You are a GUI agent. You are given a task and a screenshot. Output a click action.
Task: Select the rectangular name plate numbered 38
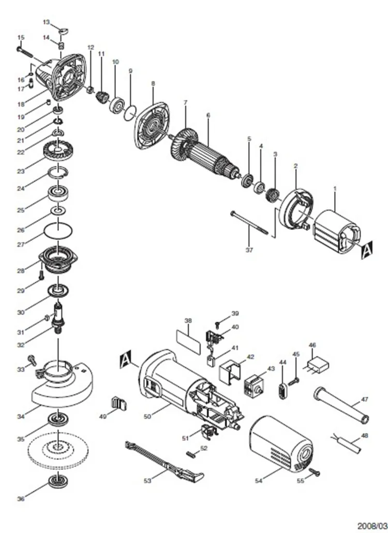point(188,341)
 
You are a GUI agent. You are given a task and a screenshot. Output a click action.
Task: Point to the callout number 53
point(147,481)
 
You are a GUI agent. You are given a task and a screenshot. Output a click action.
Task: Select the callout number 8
point(153,83)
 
